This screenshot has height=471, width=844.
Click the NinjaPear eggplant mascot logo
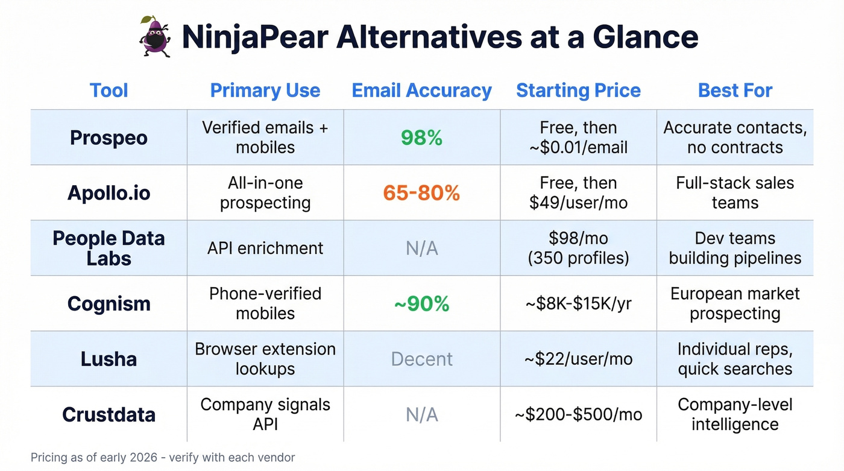[156, 37]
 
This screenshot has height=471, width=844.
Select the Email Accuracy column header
[421, 90]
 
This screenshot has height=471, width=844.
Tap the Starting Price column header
[578, 90]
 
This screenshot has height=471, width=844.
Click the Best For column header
[735, 90]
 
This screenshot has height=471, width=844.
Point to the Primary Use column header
[265, 90]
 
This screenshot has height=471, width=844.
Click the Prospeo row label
[109, 138]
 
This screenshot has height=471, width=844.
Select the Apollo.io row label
[109, 193]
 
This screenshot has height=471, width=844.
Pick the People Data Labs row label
[109, 248]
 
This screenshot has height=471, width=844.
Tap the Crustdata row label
[109, 414]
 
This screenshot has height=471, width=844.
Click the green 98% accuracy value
[421, 138]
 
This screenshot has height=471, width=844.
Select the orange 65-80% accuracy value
[421, 193]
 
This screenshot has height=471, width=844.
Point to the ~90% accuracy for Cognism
[421, 304]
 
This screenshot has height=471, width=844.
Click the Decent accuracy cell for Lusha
[421, 359]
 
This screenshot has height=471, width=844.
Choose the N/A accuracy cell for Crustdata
[421, 414]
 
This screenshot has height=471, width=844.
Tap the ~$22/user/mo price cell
[578, 359]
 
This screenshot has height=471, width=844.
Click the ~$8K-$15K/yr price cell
[578, 304]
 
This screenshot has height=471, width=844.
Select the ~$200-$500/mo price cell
[578, 414]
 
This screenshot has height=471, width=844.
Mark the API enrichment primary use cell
[265, 248]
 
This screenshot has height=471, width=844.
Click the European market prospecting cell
[735, 303]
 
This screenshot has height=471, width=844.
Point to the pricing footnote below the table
[163, 457]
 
